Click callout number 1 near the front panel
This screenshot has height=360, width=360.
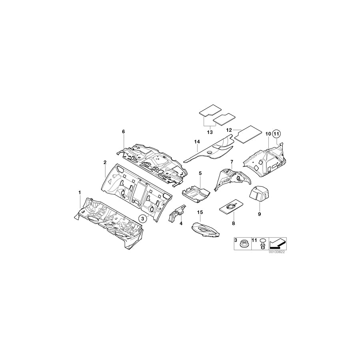[x=80, y=193]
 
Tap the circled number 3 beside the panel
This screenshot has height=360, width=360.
[x=143, y=218]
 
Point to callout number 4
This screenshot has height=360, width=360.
[x=181, y=224]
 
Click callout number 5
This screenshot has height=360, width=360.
[x=200, y=173]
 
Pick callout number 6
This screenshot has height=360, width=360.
[x=124, y=132]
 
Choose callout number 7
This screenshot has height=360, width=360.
[x=231, y=161]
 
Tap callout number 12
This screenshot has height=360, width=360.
[x=229, y=130]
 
